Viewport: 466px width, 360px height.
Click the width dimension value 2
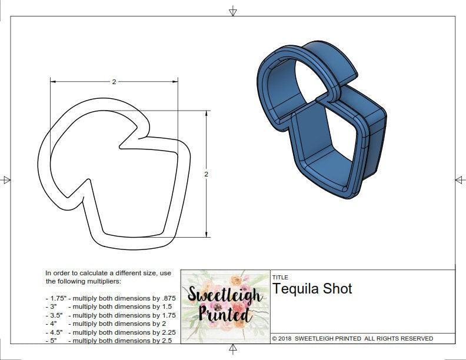(114, 82)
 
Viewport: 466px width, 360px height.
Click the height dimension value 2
(207, 175)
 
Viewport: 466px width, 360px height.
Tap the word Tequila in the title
(295, 289)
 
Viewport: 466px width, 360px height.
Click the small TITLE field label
(279, 277)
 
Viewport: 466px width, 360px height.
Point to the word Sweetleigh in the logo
(225, 295)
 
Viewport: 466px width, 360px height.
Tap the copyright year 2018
(284, 338)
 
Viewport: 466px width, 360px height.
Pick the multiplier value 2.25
(161, 332)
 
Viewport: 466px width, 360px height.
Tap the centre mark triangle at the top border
(233, 11)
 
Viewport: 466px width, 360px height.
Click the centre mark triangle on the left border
(6, 180)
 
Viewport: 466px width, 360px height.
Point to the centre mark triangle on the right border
(460, 180)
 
